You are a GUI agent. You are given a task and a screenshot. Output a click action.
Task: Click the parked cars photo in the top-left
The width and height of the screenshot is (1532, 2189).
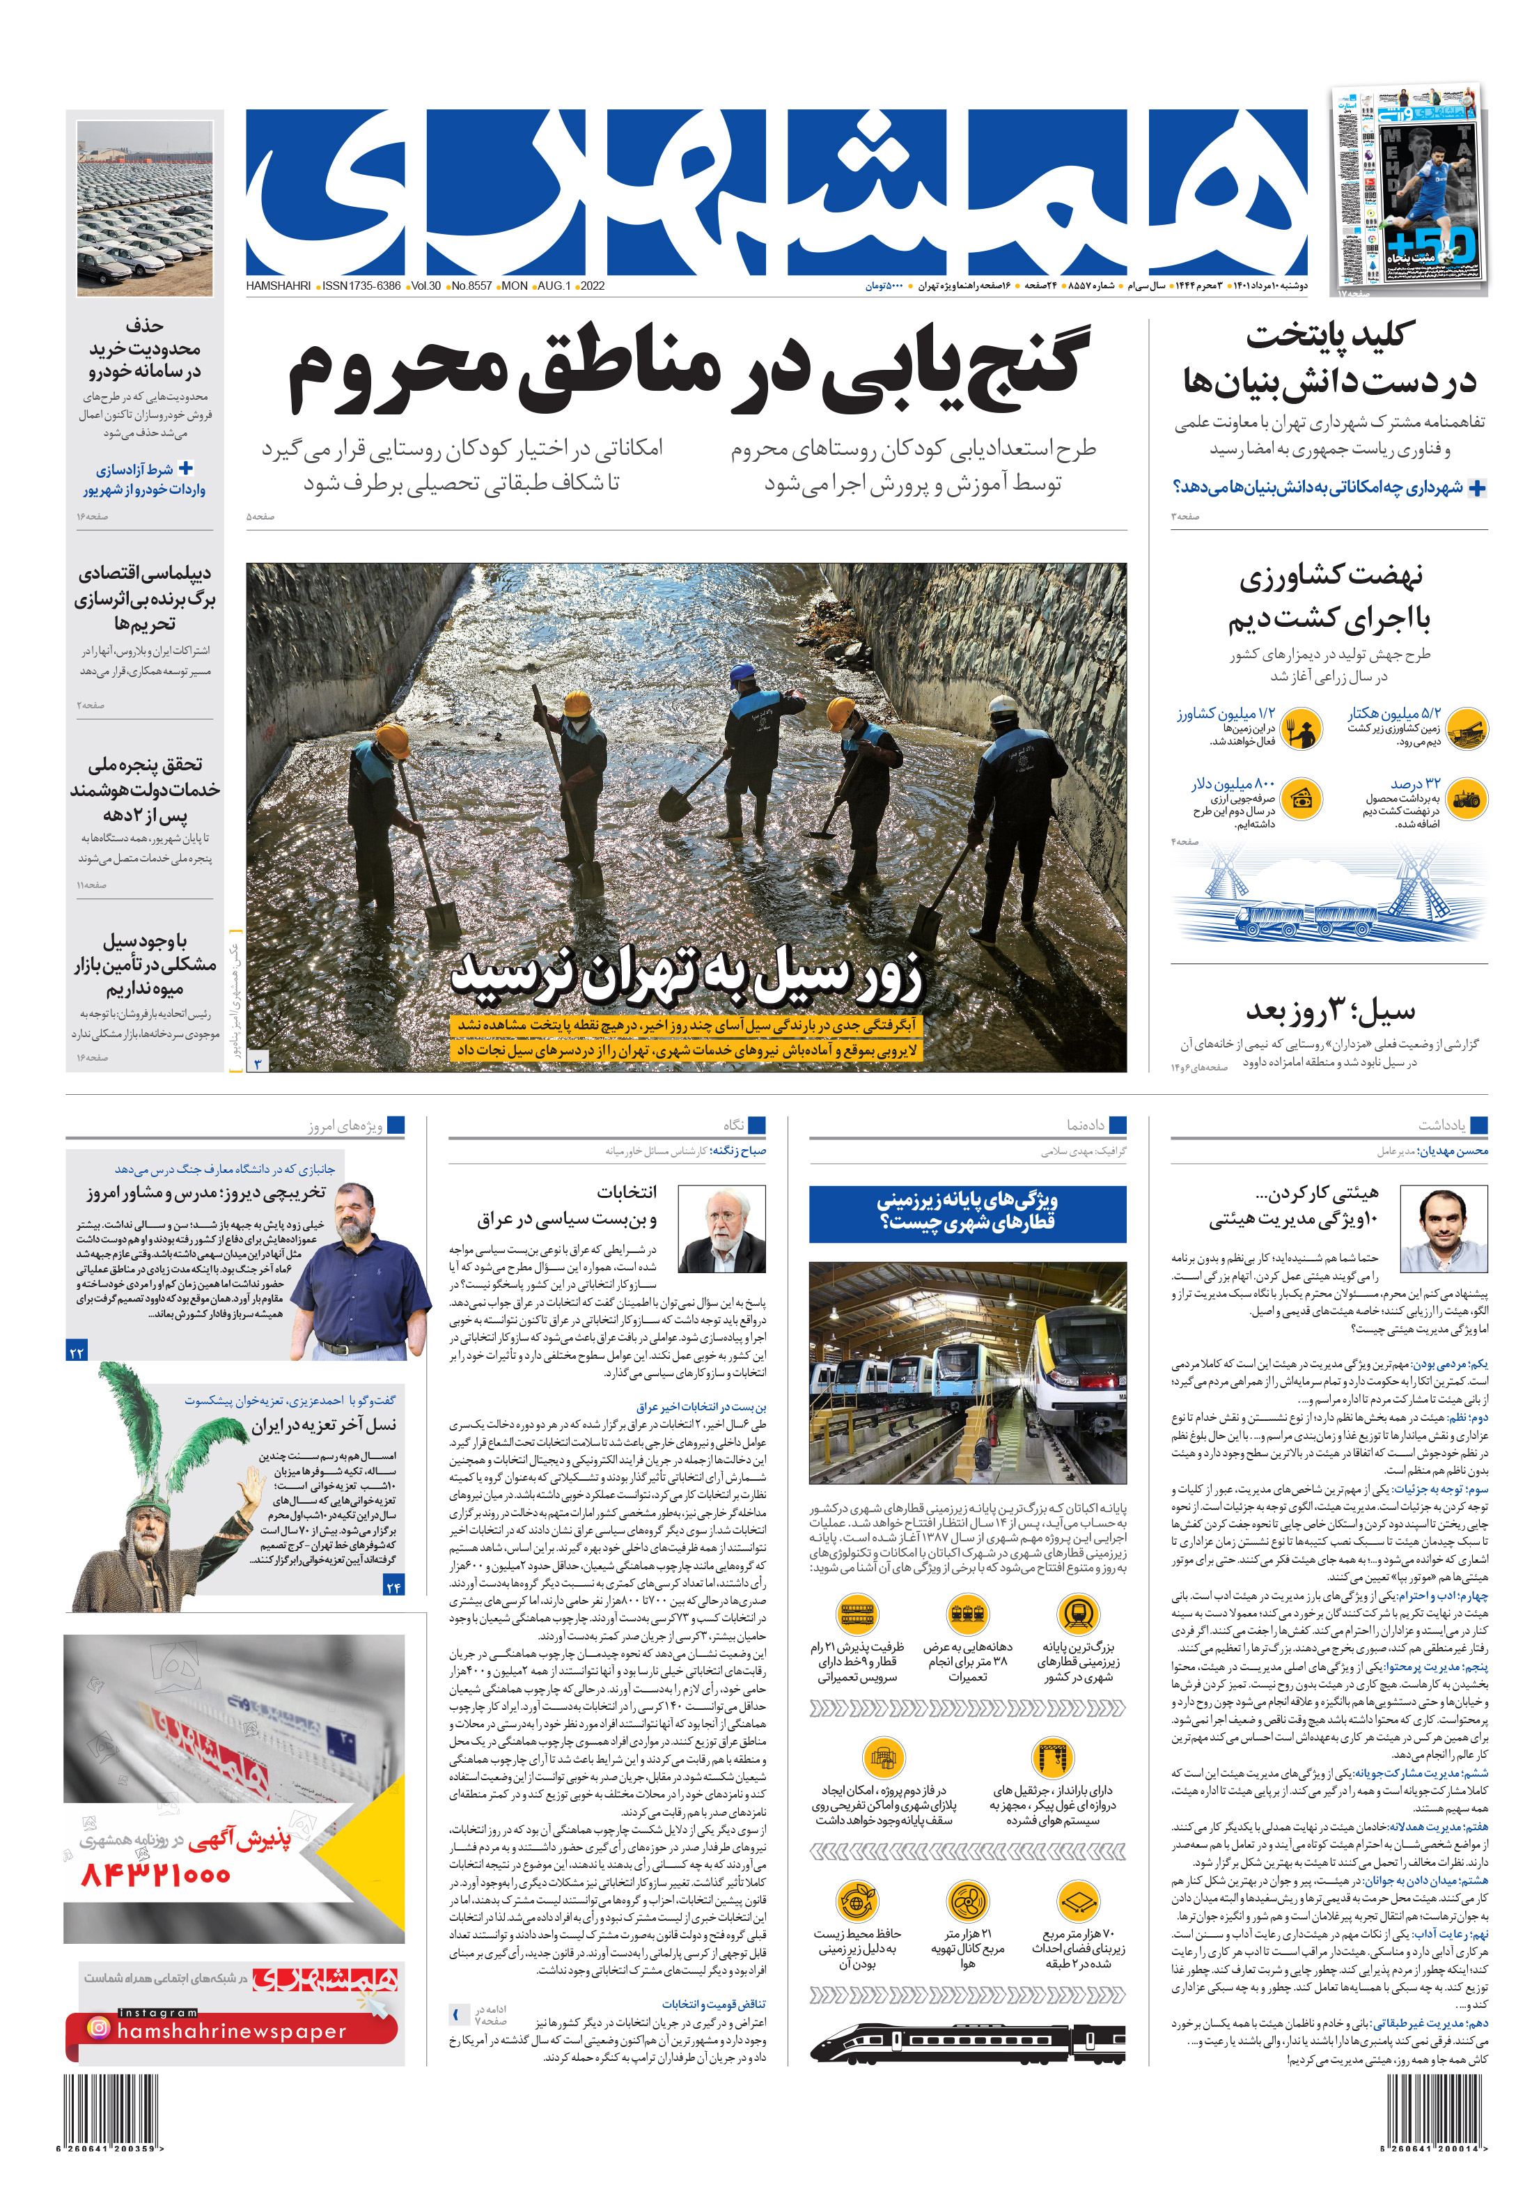(145, 207)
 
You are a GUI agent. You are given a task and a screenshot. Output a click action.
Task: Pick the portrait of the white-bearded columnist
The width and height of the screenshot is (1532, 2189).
(721, 1230)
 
